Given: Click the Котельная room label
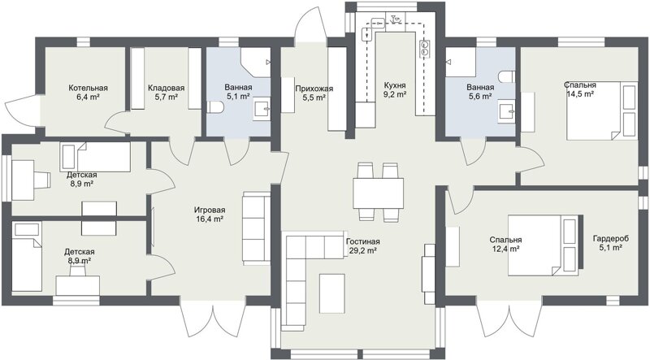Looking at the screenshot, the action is point(88,88).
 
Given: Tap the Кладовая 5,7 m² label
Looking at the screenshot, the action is point(166,93).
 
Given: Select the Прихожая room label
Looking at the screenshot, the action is point(314,89).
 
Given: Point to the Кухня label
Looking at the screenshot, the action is point(395,85).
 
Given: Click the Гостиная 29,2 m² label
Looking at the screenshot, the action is point(362,246).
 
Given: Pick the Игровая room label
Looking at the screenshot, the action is point(210,210).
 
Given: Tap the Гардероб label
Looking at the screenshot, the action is point(611,238).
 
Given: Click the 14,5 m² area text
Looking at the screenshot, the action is point(580,93).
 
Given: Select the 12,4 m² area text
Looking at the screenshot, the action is point(506,249).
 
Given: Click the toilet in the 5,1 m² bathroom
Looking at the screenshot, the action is point(215,107).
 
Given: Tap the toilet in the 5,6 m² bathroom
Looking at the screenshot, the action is point(507,76).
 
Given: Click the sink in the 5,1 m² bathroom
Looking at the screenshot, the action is point(262,109).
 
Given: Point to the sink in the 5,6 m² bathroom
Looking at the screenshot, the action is point(507,111).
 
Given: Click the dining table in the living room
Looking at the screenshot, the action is point(378,193).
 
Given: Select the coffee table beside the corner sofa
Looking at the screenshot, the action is point(332,293).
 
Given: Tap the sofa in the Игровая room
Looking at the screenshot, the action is point(257,228).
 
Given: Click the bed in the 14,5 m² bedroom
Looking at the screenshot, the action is point(602,111).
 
